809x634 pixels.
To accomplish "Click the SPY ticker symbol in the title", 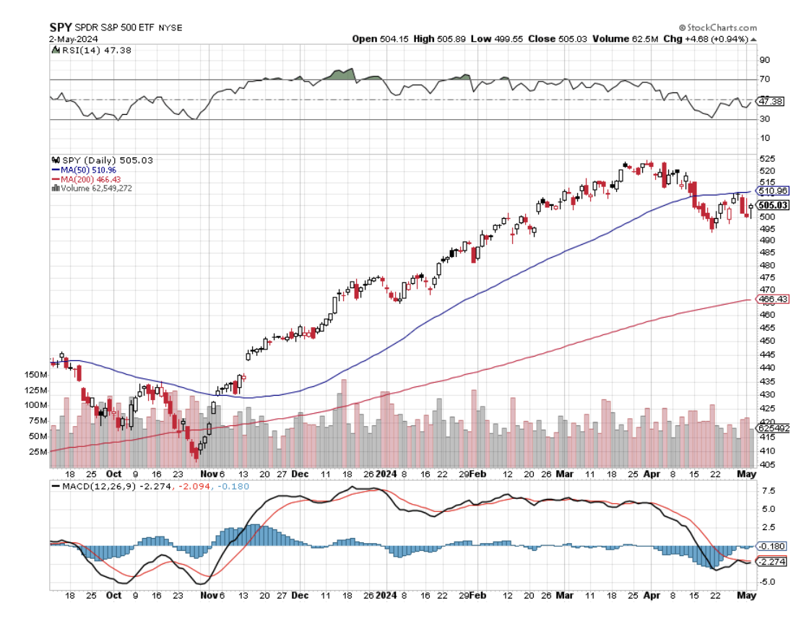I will coord(59,27).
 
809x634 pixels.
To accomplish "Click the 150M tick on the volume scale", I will coord(35,375).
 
